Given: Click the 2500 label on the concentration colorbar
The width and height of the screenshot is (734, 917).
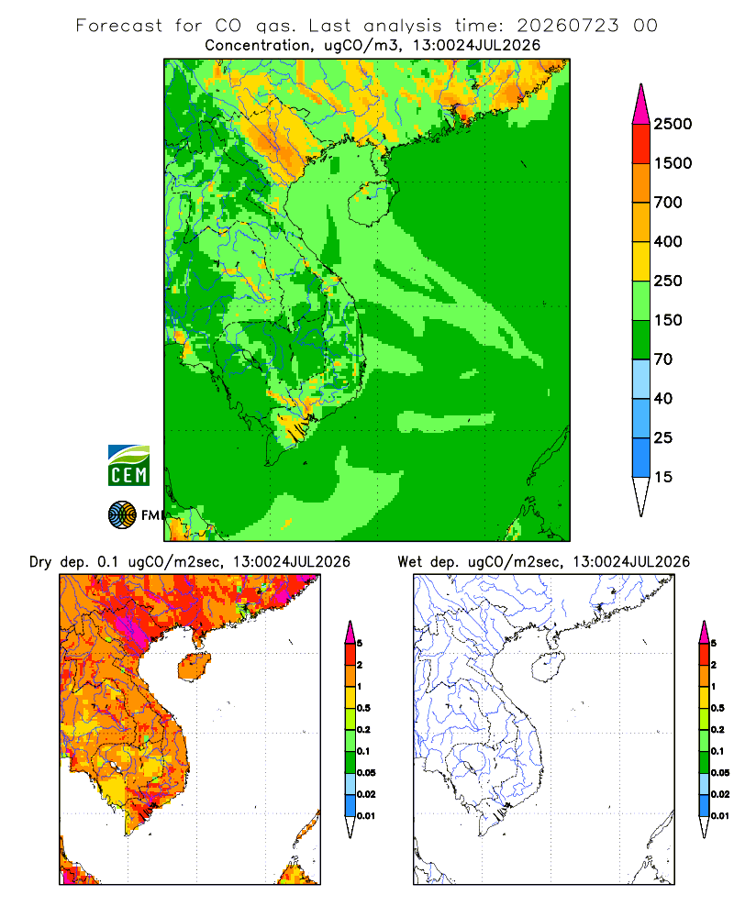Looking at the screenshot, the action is pyautogui.click(x=673, y=124).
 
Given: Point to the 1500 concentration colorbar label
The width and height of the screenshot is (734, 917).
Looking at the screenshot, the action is pyautogui.click(x=673, y=163).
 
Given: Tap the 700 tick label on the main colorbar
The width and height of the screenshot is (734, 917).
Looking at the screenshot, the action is pyautogui.click(x=668, y=203).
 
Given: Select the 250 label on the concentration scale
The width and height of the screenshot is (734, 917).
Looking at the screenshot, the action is pyautogui.click(x=668, y=281).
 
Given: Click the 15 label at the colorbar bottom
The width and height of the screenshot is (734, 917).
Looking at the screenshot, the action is pyautogui.click(x=663, y=477).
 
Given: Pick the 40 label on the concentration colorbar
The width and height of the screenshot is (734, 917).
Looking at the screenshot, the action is pyautogui.click(x=663, y=399).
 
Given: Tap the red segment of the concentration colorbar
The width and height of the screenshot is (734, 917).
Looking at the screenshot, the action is pyautogui.click(x=641, y=144).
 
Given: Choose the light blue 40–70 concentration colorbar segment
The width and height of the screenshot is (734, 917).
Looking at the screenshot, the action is pyautogui.click(x=641, y=379).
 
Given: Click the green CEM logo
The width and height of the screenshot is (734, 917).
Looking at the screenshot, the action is pyautogui.click(x=128, y=466).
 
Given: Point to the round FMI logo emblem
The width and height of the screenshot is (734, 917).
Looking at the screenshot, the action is pyautogui.click(x=122, y=514).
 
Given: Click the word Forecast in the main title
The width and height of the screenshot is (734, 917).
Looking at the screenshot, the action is pyautogui.click(x=119, y=26).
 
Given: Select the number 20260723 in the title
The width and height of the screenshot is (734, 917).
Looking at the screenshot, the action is pyautogui.click(x=567, y=26).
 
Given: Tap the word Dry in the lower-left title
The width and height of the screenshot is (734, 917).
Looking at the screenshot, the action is pyautogui.click(x=41, y=562).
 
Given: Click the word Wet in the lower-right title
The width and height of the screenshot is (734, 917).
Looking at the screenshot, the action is pyautogui.click(x=410, y=562).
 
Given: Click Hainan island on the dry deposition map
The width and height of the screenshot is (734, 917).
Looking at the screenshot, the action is pyautogui.click(x=194, y=668).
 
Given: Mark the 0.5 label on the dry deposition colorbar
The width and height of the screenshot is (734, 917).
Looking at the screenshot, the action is pyautogui.click(x=363, y=708).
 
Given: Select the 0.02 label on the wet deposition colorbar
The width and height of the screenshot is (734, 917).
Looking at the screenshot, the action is pyautogui.click(x=720, y=794).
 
